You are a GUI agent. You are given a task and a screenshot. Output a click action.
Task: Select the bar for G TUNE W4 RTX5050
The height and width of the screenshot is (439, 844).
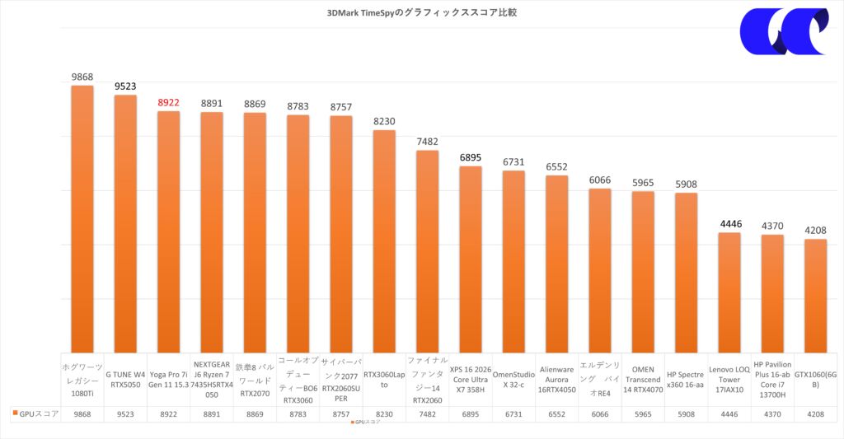[x=125, y=222]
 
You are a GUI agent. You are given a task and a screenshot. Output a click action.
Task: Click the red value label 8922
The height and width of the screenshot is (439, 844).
[x=168, y=103]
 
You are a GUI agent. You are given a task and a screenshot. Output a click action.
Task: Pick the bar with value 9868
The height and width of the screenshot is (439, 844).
[x=82, y=218]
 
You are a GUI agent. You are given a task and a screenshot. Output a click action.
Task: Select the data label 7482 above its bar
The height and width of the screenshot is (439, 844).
[x=427, y=142]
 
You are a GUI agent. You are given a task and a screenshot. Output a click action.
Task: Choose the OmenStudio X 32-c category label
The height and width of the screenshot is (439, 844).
[x=513, y=379]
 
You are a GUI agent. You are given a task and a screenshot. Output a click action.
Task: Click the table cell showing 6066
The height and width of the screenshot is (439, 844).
[x=599, y=414]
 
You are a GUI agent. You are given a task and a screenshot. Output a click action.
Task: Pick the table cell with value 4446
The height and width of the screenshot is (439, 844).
[x=729, y=414]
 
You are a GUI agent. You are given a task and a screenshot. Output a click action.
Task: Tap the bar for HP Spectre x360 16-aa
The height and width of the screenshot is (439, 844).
[x=686, y=272]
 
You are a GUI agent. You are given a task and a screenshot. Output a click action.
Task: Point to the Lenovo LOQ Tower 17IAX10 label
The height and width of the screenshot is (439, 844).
[x=729, y=379]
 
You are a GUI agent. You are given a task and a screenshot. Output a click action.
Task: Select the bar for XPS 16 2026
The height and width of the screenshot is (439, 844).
[x=470, y=259]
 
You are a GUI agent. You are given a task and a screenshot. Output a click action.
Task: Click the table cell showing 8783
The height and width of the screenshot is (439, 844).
[x=298, y=414]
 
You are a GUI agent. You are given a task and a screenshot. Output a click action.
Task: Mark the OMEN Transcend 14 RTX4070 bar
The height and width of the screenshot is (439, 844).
[x=643, y=271]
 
